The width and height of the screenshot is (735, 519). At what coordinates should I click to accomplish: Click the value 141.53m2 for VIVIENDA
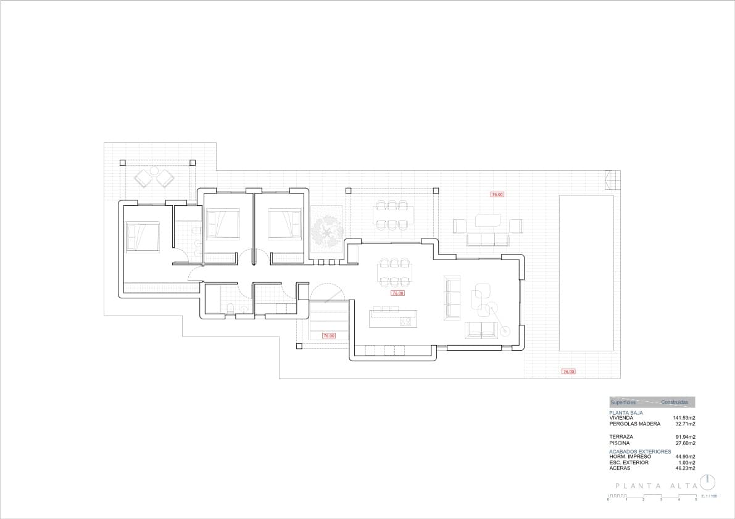[x=684, y=418]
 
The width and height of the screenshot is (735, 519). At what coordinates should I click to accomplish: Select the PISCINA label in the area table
[x=620, y=443]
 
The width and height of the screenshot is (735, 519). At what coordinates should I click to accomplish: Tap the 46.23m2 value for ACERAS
[x=685, y=468]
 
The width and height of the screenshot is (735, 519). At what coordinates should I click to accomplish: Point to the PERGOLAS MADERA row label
[x=634, y=424]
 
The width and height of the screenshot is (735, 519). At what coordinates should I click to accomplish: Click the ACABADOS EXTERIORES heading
[x=639, y=451]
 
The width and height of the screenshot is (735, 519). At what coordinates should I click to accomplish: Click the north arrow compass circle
[x=708, y=482]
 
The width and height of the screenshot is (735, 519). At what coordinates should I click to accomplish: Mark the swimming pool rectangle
[x=586, y=273]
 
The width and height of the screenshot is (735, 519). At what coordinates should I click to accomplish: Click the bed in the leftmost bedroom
[x=143, y=237]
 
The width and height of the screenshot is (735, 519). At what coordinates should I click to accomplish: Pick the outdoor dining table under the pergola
[x=392, y=215]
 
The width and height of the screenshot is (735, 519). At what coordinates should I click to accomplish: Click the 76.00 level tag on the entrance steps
[x=328, y=336]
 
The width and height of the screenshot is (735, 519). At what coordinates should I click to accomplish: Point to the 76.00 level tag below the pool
[x=568, y=372]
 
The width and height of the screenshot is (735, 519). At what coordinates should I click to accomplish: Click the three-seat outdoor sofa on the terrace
[x=488, y=239]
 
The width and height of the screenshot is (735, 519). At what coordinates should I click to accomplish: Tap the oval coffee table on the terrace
[x=488, y=219]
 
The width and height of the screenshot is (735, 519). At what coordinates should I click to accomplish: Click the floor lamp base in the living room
[x=506, y=332]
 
